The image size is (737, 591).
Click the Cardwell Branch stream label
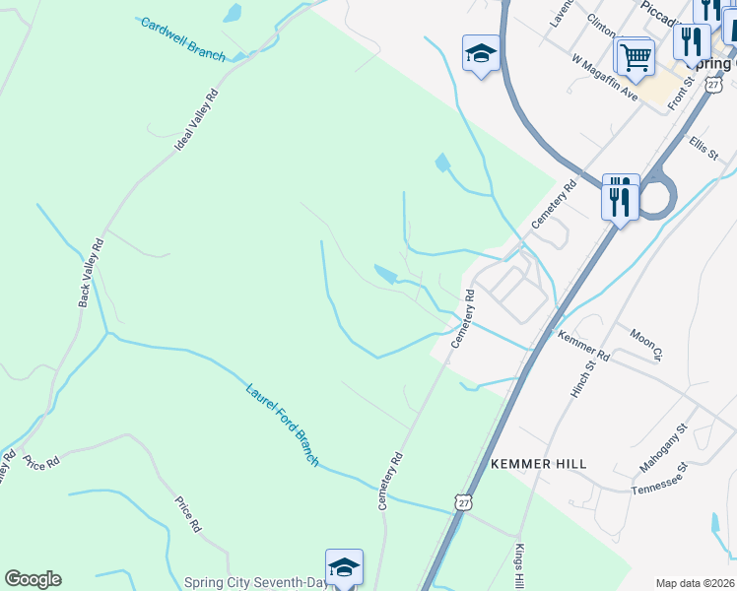pos(183,38)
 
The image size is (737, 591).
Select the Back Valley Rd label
pos(91,272)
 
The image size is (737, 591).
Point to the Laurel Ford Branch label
pos(282,424)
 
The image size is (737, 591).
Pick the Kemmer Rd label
pos(584,346)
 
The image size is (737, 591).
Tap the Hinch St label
pos(583,378)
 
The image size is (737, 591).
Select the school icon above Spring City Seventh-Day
pos(344,567)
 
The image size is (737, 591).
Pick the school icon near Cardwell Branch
pos(481,53)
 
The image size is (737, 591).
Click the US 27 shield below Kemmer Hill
pos(463,502)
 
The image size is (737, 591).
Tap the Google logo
pos(33,579)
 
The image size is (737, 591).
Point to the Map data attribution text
pos(695,583)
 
